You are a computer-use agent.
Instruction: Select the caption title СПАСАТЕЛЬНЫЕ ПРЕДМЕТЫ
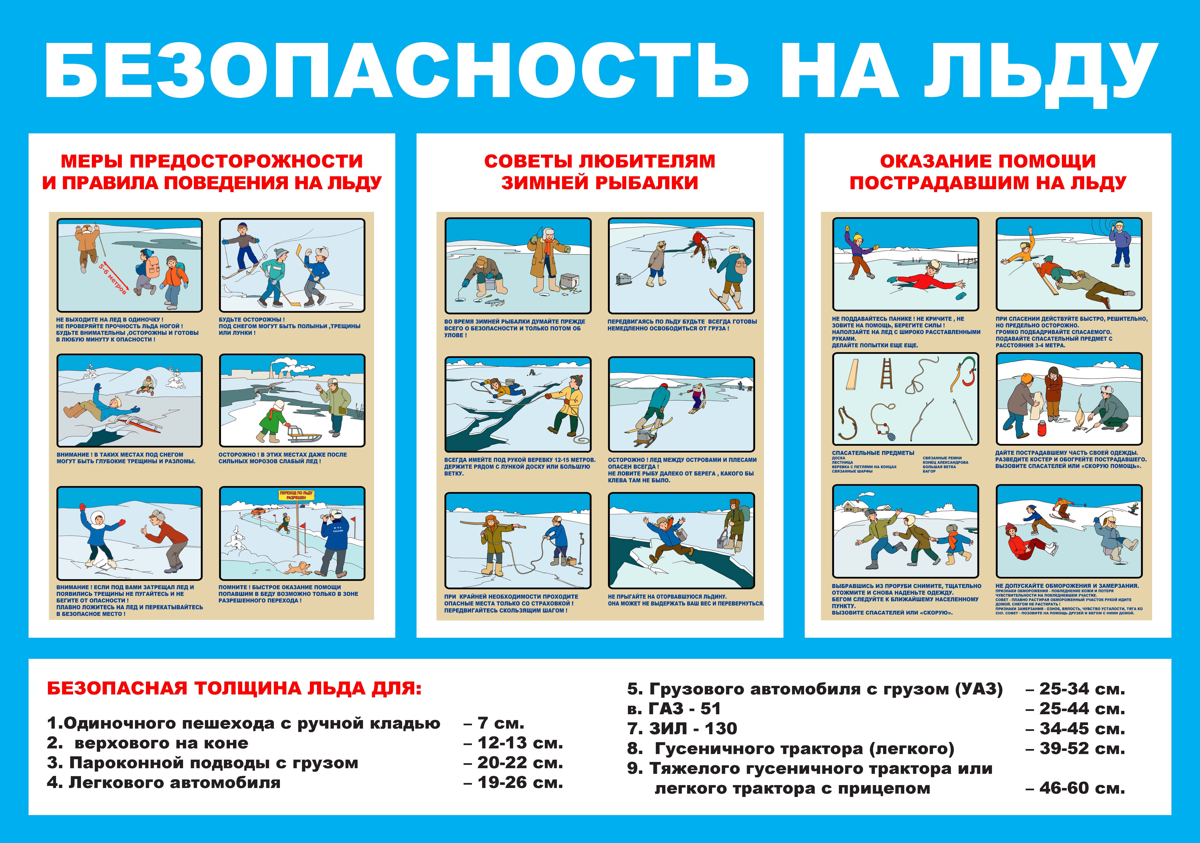pyautogui.click(x=873, y=453)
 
